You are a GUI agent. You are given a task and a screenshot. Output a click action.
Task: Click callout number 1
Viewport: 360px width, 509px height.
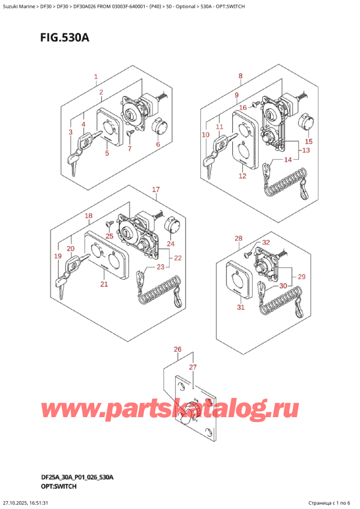click(96, 77)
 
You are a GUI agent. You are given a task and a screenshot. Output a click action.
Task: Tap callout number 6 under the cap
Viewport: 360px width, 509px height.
click(158, 144)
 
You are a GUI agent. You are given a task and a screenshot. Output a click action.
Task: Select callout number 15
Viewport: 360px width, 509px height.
click(309, 142)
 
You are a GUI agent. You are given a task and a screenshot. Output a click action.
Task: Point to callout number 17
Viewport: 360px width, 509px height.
click(156, 190)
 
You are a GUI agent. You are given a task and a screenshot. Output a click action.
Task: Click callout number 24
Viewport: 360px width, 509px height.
click(171, 244)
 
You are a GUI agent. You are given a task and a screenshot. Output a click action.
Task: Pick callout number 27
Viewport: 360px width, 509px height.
click(193, 367)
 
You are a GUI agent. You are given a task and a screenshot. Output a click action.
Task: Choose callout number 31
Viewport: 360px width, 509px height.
click(241, 307)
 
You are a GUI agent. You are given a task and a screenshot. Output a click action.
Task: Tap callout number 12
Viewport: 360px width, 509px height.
click(242, 176)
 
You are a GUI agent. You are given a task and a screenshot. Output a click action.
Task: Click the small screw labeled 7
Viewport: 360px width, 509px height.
click(130, 133)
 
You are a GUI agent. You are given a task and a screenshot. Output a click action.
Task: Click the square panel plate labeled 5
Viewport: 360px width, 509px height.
click(110, 127)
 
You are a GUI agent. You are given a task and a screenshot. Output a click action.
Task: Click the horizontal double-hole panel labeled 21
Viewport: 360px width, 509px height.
click(106, 256)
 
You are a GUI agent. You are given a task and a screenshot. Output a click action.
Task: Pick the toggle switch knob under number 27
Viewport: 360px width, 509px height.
click(188, 411)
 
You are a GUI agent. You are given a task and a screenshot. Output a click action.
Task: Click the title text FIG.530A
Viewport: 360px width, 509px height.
click(65, 38)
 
